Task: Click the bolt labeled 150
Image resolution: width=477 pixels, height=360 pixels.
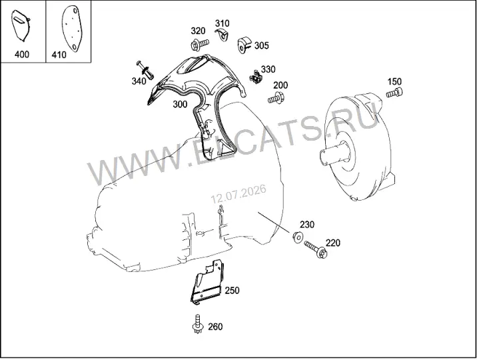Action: pos(394,92)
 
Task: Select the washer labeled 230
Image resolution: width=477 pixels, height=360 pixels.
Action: pos(297,236)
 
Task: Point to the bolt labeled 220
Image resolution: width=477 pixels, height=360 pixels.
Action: pos(316,249)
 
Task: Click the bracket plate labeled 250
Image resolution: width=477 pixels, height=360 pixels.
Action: pos(208,282)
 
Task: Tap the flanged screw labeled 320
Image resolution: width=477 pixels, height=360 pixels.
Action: pos(199,45)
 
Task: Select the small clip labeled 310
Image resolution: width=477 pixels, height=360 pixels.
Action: pos(223,35)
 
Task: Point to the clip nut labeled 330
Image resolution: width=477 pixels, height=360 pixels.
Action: pos(256,76)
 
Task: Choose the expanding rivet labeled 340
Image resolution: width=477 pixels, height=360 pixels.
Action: pos(145,70)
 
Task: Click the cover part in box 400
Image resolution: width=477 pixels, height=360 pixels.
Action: pos(21,25)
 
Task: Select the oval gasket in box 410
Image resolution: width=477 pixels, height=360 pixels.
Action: pos(71,28)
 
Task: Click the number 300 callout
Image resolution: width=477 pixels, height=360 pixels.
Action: pos(180,104)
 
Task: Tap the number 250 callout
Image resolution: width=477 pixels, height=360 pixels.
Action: pos(232,290)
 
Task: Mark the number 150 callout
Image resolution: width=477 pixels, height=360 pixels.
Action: pos(394,81)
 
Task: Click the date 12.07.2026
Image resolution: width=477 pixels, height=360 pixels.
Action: pos(238,193)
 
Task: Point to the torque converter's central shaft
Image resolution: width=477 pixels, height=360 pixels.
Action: pos(334,154)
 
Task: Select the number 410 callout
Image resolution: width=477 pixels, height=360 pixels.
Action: pos(59,55)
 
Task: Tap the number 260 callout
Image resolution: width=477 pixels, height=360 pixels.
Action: pos(215,327)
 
